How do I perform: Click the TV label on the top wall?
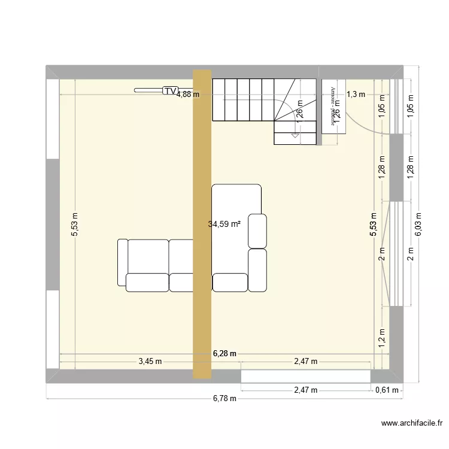pos(171,91)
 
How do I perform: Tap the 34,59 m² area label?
pos(224,224)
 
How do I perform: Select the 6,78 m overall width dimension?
pos(224,399)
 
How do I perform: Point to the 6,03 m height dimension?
pos(418,225)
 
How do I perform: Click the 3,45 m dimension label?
pos(150,361)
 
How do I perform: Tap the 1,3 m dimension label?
pos(356,94)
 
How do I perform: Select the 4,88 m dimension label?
pos(187,94)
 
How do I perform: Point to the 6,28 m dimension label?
pos(224,354)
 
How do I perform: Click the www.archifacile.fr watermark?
pos(411,424)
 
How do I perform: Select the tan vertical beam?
pos(202,224)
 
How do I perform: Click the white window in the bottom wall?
pos(306,376)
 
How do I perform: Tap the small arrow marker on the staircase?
pos(295,136)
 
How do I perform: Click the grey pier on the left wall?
pos(52,225)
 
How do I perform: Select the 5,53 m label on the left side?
pos(74,225)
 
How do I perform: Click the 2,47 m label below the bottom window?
pos(305,390)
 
